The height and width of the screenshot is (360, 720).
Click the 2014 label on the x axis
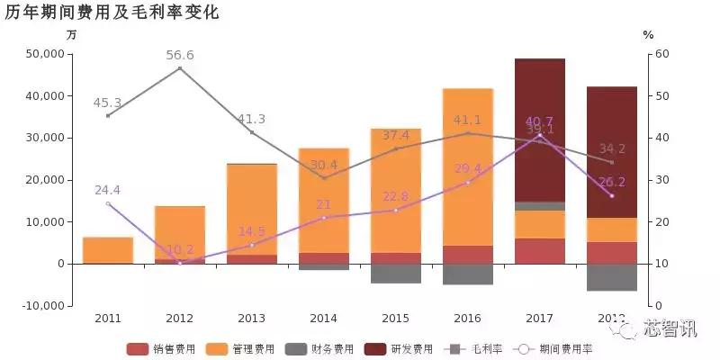click(324, 318)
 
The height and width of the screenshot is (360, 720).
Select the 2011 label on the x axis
click(108, 318)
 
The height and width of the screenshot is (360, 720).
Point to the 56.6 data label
click(180, 56)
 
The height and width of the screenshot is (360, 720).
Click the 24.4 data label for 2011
click(108, 190)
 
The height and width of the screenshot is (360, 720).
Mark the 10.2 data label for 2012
click(180, 250)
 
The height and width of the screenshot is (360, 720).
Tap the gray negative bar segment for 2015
click(396, 274)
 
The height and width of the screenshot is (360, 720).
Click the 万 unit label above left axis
click(72, 34)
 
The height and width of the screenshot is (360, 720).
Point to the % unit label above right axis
click(648, 34)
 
